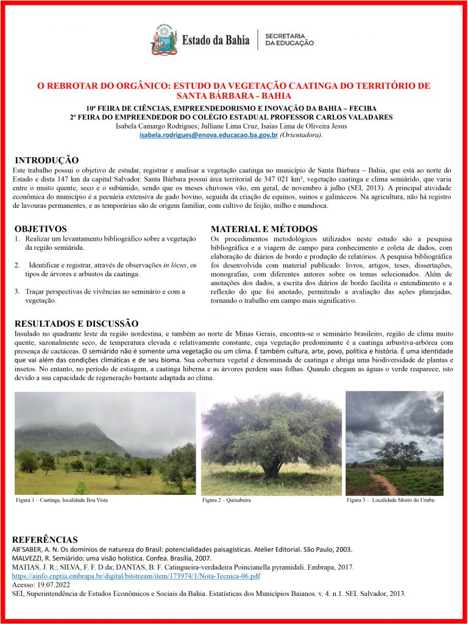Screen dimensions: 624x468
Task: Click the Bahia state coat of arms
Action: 164,40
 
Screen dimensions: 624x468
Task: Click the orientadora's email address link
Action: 208,134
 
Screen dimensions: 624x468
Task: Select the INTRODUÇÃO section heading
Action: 46,160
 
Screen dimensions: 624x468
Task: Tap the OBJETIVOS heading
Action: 40,229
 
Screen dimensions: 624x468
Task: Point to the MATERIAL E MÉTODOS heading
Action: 264,229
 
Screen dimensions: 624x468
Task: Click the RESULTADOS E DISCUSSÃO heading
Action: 76,324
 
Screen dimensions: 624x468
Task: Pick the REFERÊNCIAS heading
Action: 44,540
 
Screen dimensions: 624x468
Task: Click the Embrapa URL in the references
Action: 136,575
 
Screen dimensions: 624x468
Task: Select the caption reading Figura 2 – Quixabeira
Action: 226,500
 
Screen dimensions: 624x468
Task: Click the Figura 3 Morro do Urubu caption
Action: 391,500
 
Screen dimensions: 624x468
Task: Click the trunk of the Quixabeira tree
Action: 271,468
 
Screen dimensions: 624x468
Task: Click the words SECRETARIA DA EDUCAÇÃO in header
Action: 289,40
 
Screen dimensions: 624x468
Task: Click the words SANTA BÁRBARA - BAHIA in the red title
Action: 233,96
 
